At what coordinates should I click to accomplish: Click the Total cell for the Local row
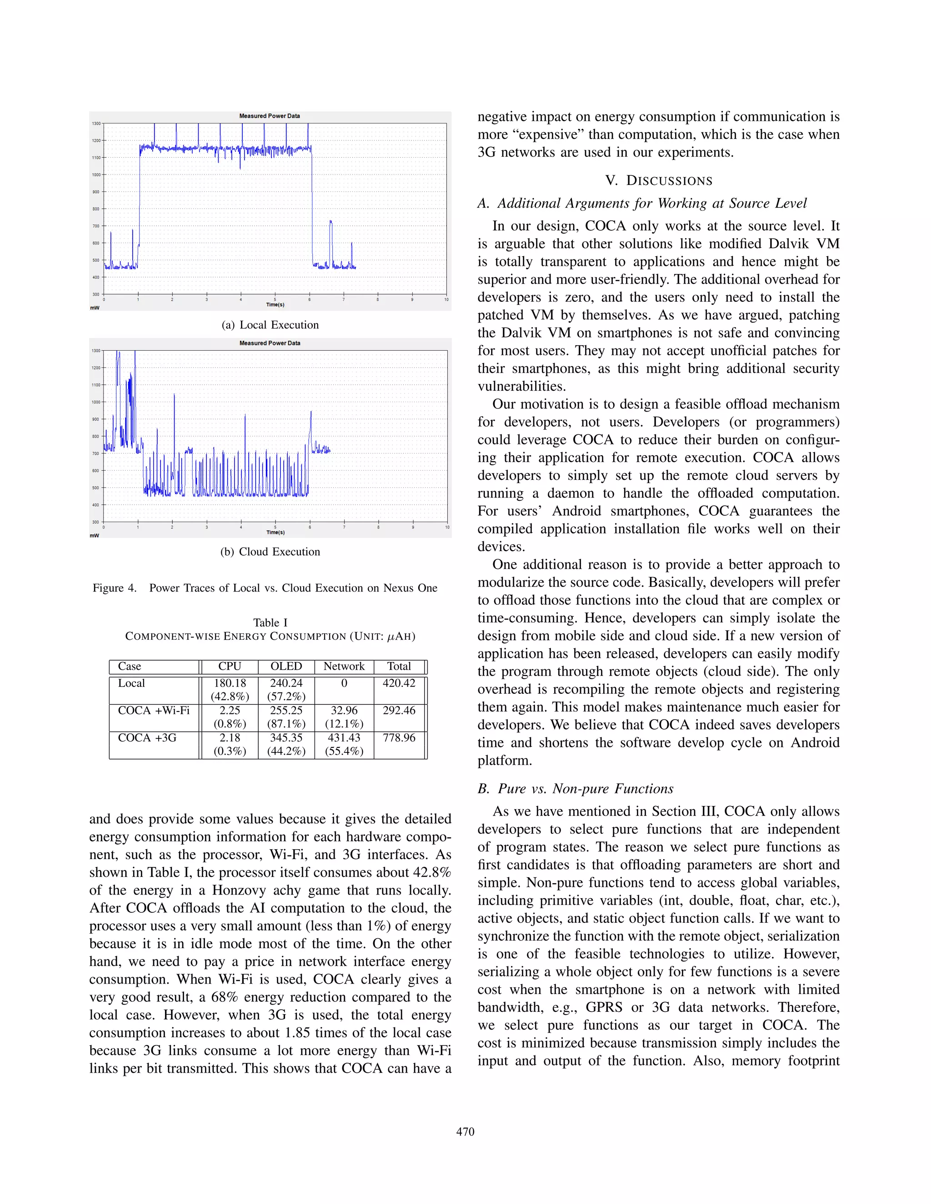[399, 683]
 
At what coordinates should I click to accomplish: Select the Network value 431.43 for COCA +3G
[344, 737]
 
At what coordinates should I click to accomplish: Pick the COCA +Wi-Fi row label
[153, 710]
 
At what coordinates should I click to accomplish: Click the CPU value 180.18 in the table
[230, 683]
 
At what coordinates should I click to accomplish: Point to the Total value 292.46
[399, 710]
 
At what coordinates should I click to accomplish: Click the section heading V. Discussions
[659, 181]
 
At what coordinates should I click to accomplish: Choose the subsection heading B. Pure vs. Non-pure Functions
[575, 788]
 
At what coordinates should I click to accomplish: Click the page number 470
[465, 1132]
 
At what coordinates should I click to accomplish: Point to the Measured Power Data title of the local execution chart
[270, 116]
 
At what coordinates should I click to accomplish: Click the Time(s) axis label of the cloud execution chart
[275, 532]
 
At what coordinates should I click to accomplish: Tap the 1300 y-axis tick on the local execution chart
[96, 124]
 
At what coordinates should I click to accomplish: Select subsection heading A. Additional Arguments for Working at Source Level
[642, 204]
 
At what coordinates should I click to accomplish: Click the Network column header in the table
[344, 666]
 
